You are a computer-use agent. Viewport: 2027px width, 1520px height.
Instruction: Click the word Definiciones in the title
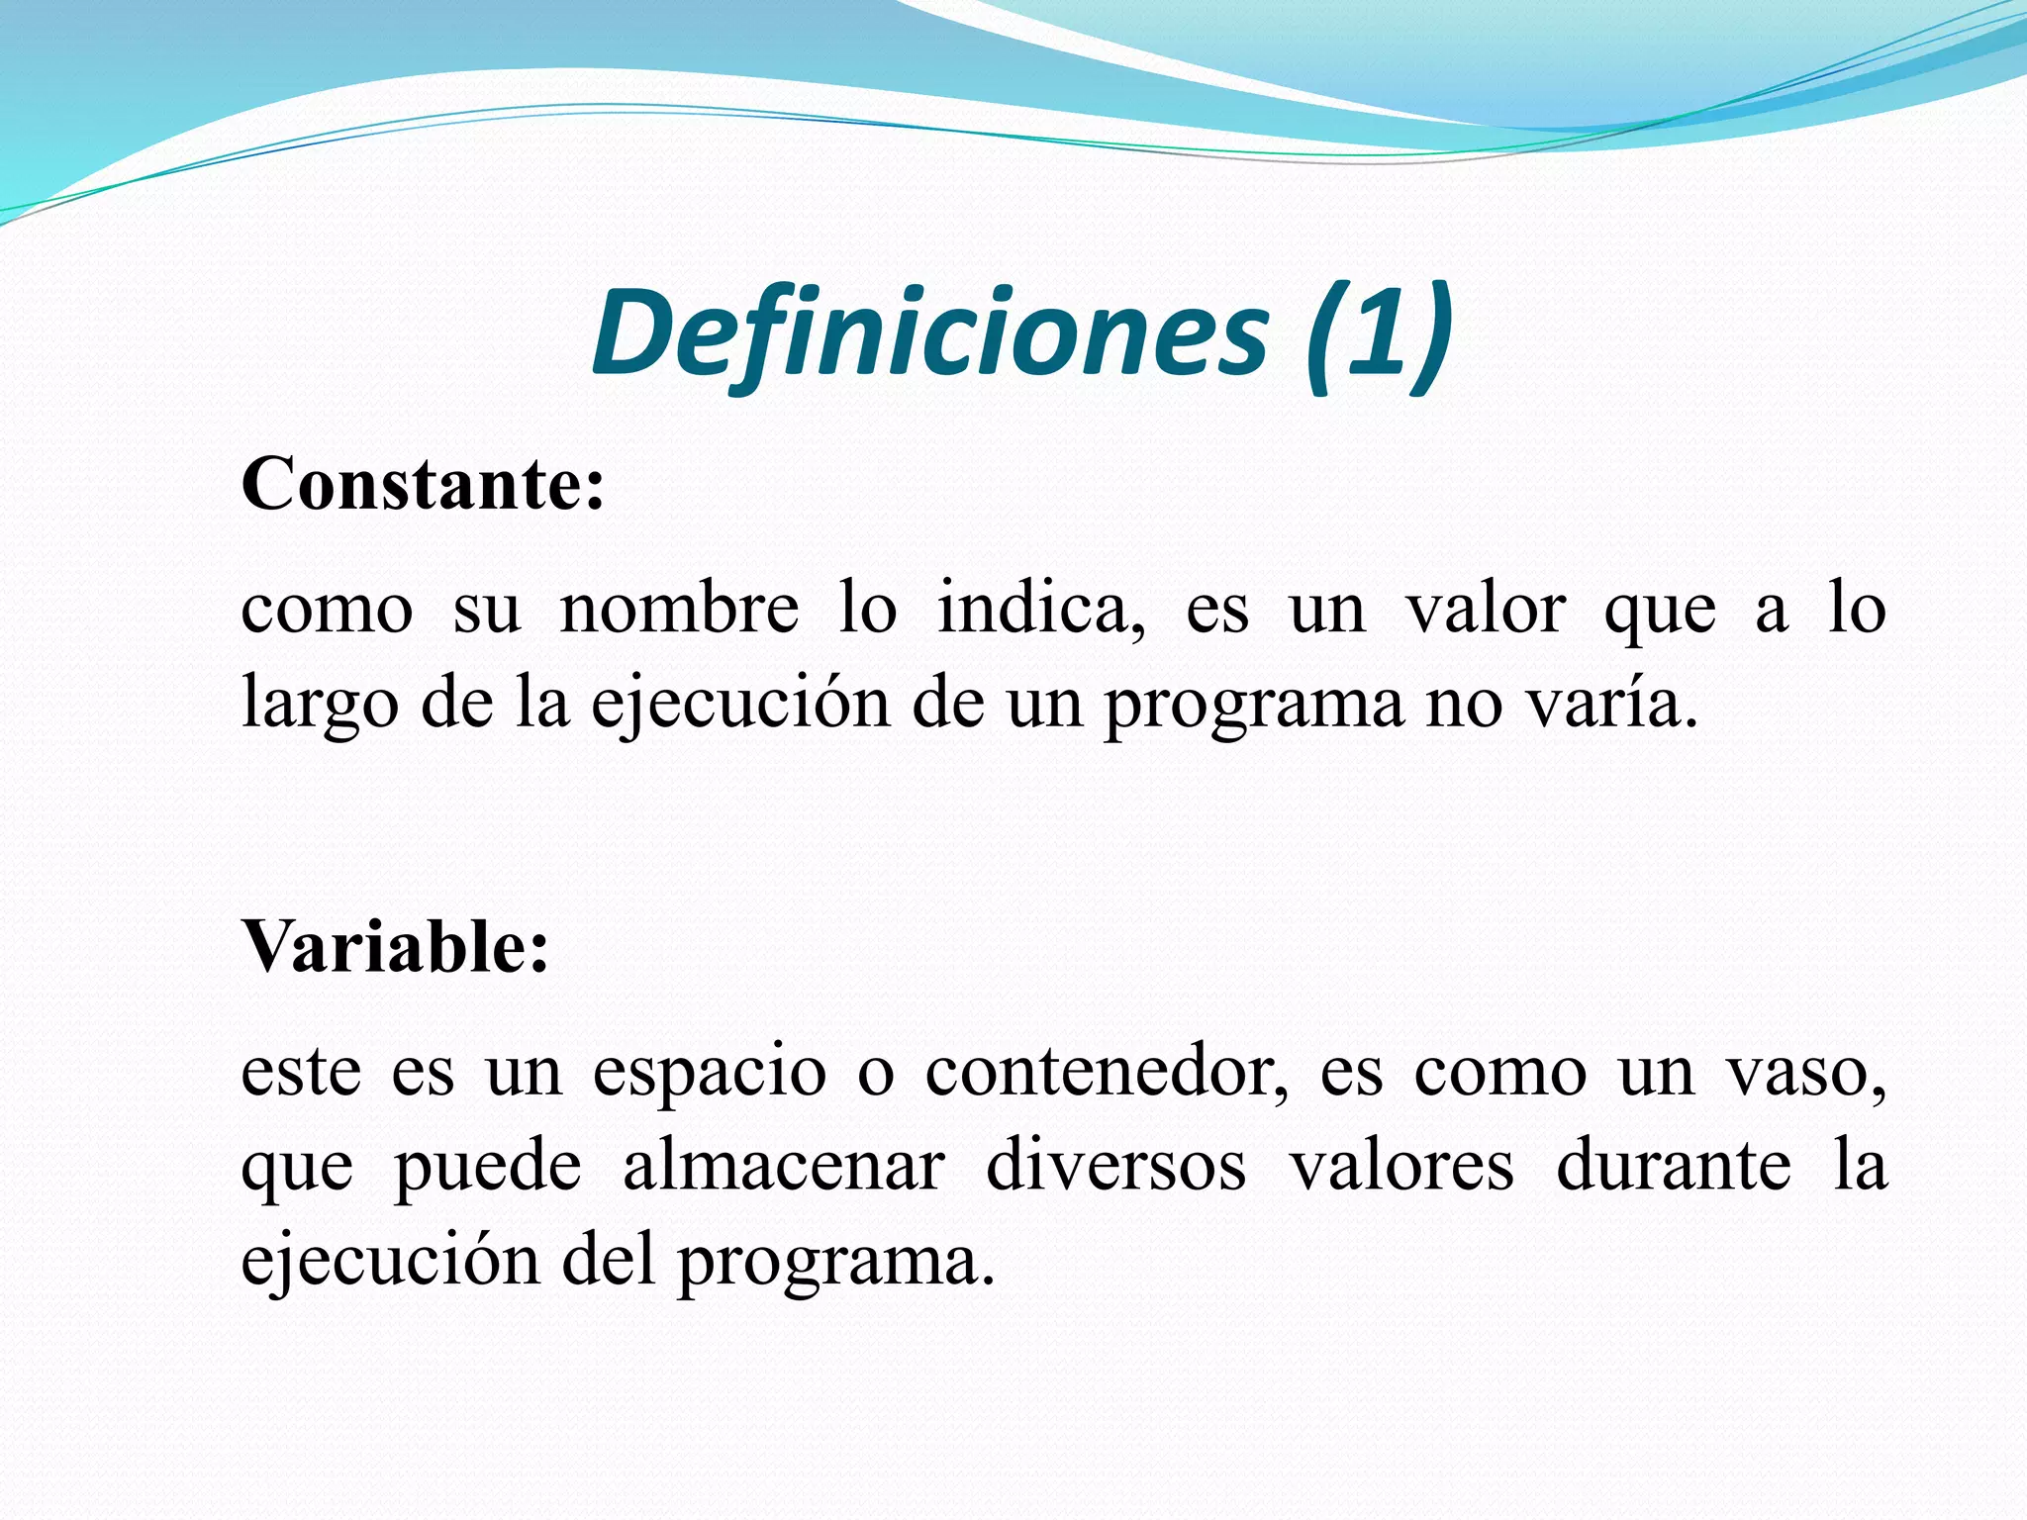click(x=930, y=334)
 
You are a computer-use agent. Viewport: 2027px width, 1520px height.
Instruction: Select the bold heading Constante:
click(x=423, y=485)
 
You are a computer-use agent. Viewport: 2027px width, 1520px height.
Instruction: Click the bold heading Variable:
click(x=395, y=947)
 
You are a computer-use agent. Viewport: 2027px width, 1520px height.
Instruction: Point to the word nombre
click(x=679, y=609)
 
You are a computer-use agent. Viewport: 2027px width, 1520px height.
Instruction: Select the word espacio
click(x=710, y=1073)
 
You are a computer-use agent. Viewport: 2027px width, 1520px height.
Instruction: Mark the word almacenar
click(x=784, y=1166)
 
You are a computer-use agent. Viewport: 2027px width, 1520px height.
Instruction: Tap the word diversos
click(x=1115, y=1166)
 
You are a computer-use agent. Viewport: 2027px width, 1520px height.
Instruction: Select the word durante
click(x=1674, y=1166)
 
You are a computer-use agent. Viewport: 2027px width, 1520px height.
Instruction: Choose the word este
click(x=301, y=1073)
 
